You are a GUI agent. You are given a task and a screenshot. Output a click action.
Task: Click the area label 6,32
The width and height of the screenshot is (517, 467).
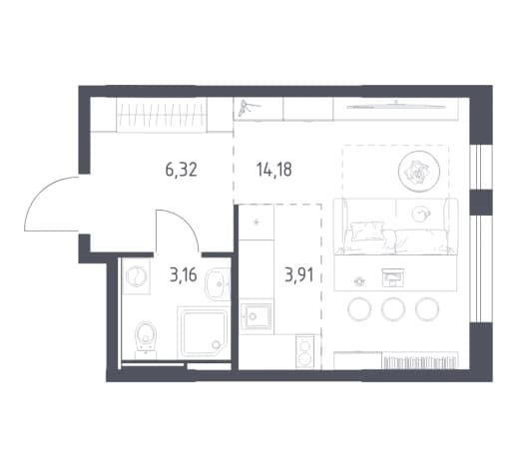coord(182,170)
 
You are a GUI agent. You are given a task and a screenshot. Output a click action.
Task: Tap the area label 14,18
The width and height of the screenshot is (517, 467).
coord(274,170)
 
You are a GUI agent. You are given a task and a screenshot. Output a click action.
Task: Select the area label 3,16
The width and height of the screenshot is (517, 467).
coord(184,275)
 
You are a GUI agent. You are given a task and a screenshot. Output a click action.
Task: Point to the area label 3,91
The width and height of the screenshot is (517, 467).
coord(299,275)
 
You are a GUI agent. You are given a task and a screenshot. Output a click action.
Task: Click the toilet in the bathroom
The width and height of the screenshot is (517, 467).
coord(146,338)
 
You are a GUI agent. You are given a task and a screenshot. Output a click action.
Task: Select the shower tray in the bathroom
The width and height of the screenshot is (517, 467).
coord(204,332)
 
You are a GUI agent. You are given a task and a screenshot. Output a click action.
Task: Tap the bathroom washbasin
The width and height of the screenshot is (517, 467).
coord(218,283)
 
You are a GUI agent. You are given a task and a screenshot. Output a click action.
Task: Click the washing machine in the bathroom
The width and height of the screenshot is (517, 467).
coord(136,276)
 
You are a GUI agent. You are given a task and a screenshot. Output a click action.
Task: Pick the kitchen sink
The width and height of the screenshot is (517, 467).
coord(256,315)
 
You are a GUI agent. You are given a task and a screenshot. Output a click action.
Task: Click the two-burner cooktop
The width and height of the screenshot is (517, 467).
coord(304,351)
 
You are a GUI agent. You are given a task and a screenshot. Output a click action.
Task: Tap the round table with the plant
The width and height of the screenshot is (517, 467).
coord(419,172)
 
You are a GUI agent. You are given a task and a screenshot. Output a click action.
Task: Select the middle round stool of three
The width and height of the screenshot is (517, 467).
coord(393,309)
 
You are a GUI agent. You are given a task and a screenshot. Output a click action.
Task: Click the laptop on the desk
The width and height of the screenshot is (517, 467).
coord(393,277)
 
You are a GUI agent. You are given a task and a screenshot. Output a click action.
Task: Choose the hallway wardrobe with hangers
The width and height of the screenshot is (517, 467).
coord(162,115)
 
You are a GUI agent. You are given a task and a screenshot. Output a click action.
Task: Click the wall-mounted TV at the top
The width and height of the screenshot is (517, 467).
coord(396,107)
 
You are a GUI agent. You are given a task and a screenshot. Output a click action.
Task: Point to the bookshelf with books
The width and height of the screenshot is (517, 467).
coord(420,361)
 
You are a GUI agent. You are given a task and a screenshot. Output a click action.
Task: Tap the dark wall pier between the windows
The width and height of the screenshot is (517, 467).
coord(481,202)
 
